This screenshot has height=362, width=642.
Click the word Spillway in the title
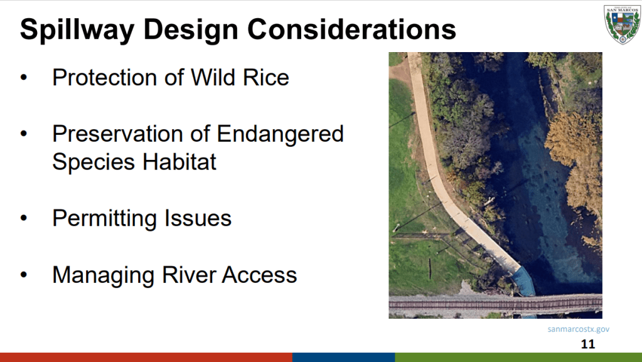(77, 30)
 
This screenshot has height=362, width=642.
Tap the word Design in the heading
(191, 30)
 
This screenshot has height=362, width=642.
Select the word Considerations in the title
(351, 29)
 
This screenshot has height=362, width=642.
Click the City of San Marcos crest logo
(623, 24)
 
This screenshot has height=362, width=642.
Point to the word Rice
(266, 77)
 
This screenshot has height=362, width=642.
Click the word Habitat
(179, 162)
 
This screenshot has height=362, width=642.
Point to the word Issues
(198, 218)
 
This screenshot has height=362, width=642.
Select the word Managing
(103, 275)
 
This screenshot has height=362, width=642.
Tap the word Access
(259, 275)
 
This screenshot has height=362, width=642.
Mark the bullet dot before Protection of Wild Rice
(24, 77)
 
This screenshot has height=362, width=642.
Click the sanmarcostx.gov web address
(579, 329)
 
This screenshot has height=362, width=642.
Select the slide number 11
(587, 344)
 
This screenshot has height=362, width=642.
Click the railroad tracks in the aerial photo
(495, 304)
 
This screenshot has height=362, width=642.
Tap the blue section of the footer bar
(343, 357)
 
